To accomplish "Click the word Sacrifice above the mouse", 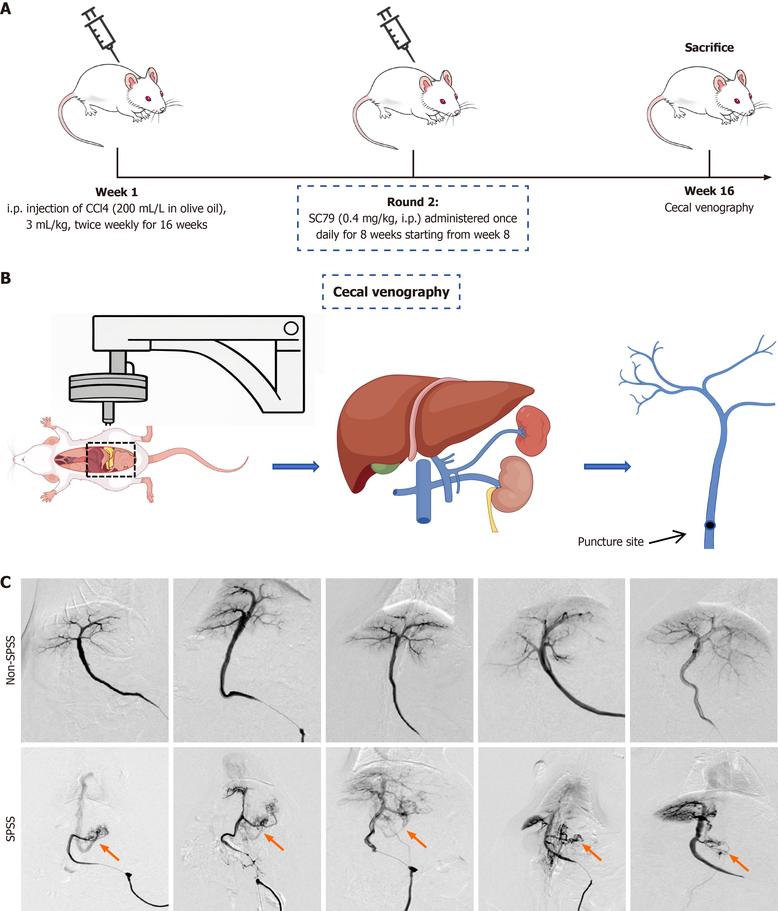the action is point(709,48).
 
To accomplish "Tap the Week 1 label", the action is point(117,192).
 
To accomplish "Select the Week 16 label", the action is point(709,191).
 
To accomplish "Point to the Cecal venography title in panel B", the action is point(391,292).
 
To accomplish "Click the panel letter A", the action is point(6,8).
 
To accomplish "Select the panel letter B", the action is point(6,278).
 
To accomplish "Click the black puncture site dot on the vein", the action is point(710,525).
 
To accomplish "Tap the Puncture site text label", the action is point(611,542).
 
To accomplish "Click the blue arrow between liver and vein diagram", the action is point(607,467).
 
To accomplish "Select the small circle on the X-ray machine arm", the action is point(291,328).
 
